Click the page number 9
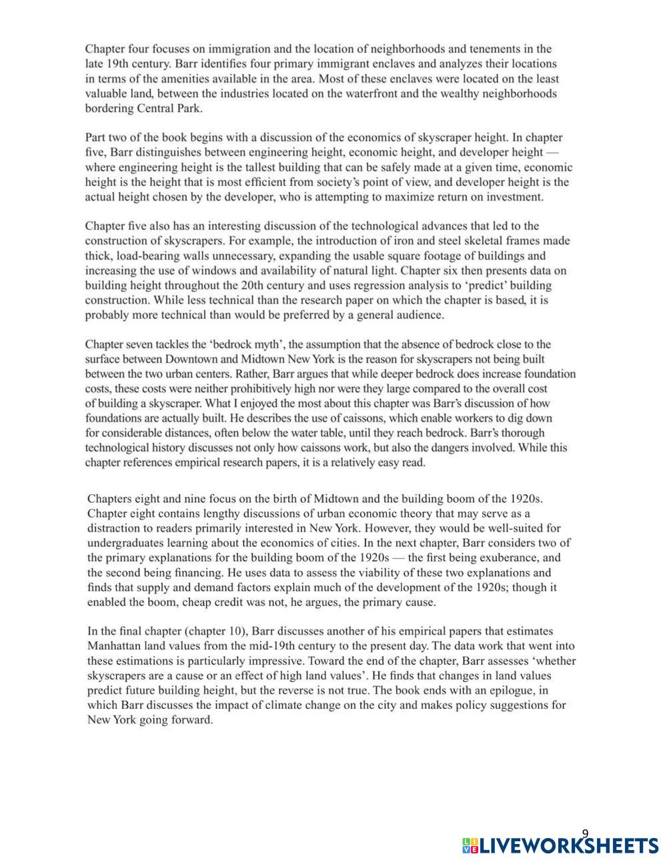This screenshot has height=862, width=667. click(585, 834)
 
